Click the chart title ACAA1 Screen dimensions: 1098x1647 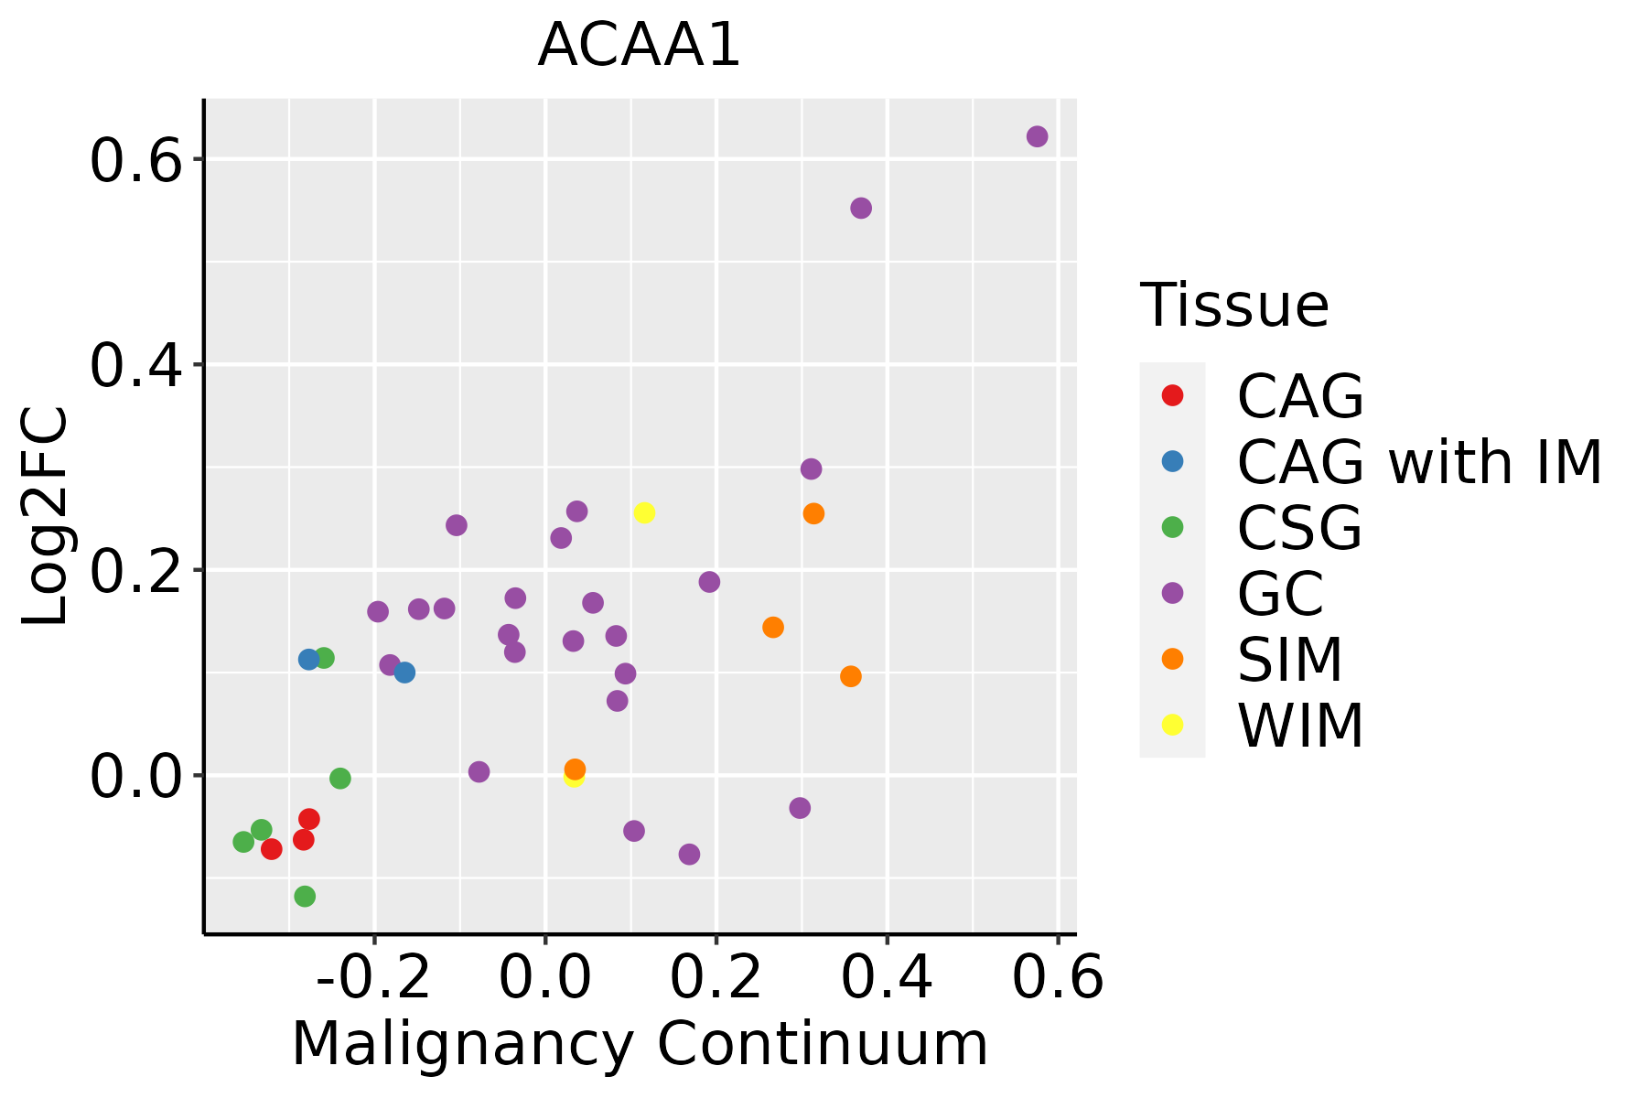pos(639,46)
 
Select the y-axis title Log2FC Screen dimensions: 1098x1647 pos(46,516)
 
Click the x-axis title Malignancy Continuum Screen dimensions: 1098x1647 pos(640,1044)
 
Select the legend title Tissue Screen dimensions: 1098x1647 pos(1234,305)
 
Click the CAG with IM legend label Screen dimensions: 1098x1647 pos(1419,462)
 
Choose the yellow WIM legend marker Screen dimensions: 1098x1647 pos(1172,725)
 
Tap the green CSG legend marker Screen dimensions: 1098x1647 pos(1172,527)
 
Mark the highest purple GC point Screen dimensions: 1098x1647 pos(1037,136)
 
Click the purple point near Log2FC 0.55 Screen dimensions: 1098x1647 pos(861,209)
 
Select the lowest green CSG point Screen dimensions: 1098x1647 pos(305,896)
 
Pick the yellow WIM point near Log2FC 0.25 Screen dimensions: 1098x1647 pos(644,512)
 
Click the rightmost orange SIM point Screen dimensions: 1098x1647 pos(851,676)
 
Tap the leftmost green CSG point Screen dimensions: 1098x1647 pos(243,842)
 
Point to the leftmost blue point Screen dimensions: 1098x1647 pos(309,659)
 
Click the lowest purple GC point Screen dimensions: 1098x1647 pos(690,855)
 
